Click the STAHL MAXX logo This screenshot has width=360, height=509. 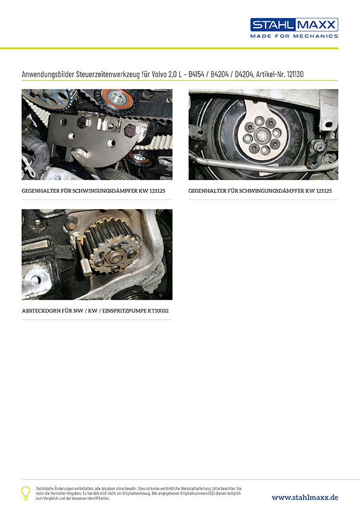294,25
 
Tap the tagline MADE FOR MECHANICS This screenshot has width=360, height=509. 294,36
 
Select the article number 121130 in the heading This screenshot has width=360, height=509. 295,74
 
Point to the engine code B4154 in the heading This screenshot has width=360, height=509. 196,74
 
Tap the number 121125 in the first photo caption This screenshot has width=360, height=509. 157,191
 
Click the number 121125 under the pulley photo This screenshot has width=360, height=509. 324,191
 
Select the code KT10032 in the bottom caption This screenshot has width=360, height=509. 158,311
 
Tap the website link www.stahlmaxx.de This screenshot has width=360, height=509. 305,498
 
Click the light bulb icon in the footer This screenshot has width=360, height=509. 25,493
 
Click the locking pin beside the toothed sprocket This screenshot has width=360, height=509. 84,257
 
